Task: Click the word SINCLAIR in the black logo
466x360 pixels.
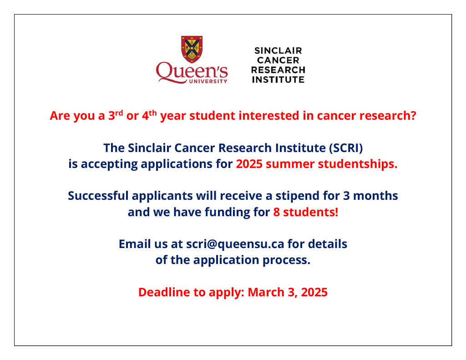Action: coord(278,51)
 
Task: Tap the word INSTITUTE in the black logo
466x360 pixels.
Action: coord(278,80)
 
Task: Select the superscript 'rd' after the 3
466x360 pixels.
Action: coord(119,112)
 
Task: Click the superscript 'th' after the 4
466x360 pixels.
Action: coord(153,112)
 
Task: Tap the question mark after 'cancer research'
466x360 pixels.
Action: coord(413,116)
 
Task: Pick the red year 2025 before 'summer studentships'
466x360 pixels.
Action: coord(249,164)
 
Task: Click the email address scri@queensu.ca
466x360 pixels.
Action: coord(235,244)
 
